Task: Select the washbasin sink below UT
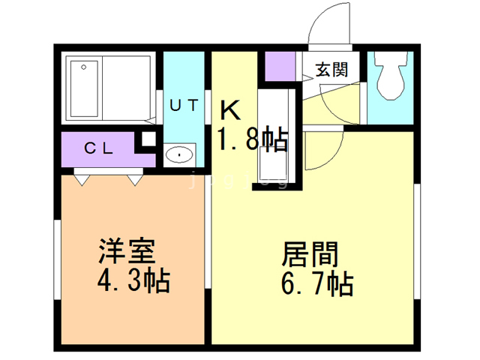click(x=180, y=155)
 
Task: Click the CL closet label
click(x=97, y=148)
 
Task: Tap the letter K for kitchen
click(x=230, y=112)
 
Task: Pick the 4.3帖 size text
click(x=133, y=282)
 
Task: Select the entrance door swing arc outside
click(x=328, y=22)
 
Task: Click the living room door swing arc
click(x=324, y=146)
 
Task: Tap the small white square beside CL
click(x=148, y=138)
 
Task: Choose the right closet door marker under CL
click(x=134, y=179)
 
